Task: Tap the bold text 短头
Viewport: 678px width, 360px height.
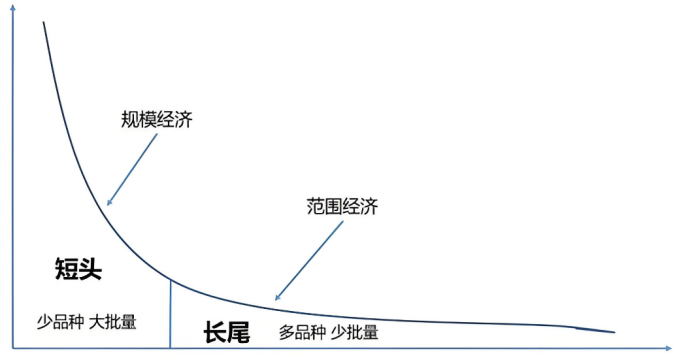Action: pyautogui.click(x=79, y=268)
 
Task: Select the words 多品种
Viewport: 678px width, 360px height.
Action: pyautogui.click(x=303, y=332)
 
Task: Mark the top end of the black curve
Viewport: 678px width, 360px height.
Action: pyautogui.click(x=44, y=21)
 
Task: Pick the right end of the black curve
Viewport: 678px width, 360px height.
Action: pyautogui.click(x=614, y=332)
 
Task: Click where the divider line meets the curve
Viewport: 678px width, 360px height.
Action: pyautogui.click(x=171, y=280)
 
